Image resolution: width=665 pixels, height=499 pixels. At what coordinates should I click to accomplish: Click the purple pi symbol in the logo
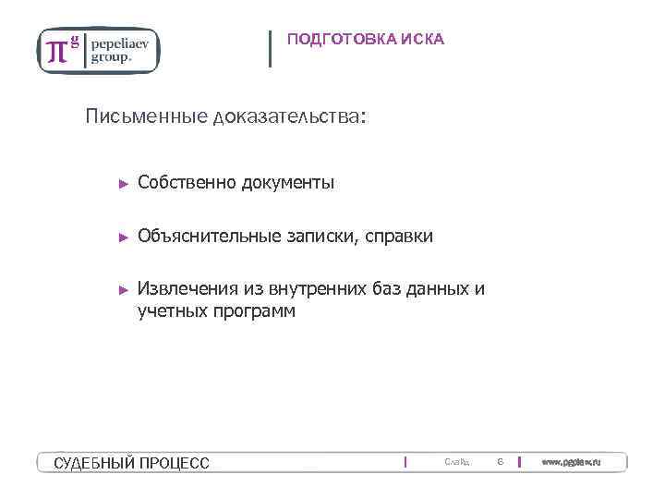(x=57, y=50)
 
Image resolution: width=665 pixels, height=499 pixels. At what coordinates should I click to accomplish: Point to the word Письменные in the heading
(x=146, y=117)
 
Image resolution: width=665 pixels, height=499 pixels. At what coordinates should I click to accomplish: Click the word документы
(x=288, y=183)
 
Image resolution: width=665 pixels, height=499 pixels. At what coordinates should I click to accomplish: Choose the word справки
(x=399, y=237)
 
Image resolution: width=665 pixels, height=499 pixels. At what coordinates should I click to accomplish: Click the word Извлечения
(x=188, y=288)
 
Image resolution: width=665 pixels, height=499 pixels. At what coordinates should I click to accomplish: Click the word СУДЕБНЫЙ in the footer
(x=95, y=462)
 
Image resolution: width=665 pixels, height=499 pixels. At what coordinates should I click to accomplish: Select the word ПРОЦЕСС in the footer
(x=175, y=462)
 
